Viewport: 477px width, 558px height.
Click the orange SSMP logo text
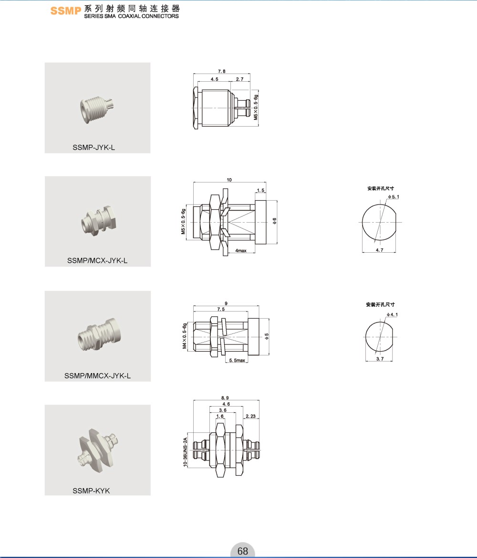66,11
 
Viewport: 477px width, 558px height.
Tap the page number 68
242,551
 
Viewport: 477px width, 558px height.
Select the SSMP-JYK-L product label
93,147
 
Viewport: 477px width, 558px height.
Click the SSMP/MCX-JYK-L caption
97,260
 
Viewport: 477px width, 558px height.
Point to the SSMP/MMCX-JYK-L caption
97,376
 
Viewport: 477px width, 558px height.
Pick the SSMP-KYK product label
91,491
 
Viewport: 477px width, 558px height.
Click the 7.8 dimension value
221,71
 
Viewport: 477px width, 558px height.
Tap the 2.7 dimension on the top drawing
239,79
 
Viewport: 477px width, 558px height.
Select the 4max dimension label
240,250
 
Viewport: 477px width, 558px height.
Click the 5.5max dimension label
237,360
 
